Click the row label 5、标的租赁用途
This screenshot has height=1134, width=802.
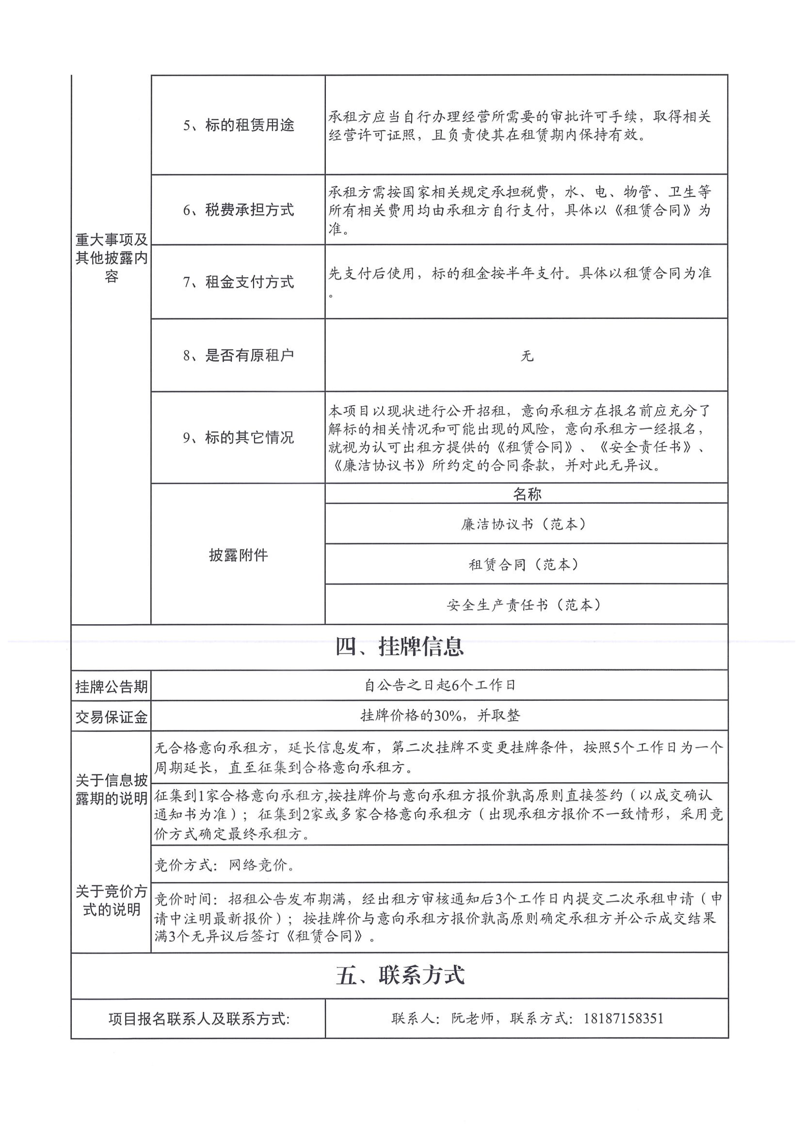238,125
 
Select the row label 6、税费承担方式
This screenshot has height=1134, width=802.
238,210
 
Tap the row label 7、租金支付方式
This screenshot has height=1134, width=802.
238,282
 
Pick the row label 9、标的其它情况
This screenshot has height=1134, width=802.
238,437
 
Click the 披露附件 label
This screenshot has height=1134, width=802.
238,555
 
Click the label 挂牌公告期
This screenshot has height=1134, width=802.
111,687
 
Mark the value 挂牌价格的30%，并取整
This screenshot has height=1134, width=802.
440,716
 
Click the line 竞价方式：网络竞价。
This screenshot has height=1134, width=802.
225,865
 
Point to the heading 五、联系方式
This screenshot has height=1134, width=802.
400,975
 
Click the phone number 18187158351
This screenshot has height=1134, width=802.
624,1018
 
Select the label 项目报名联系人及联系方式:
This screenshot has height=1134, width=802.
199,1019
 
